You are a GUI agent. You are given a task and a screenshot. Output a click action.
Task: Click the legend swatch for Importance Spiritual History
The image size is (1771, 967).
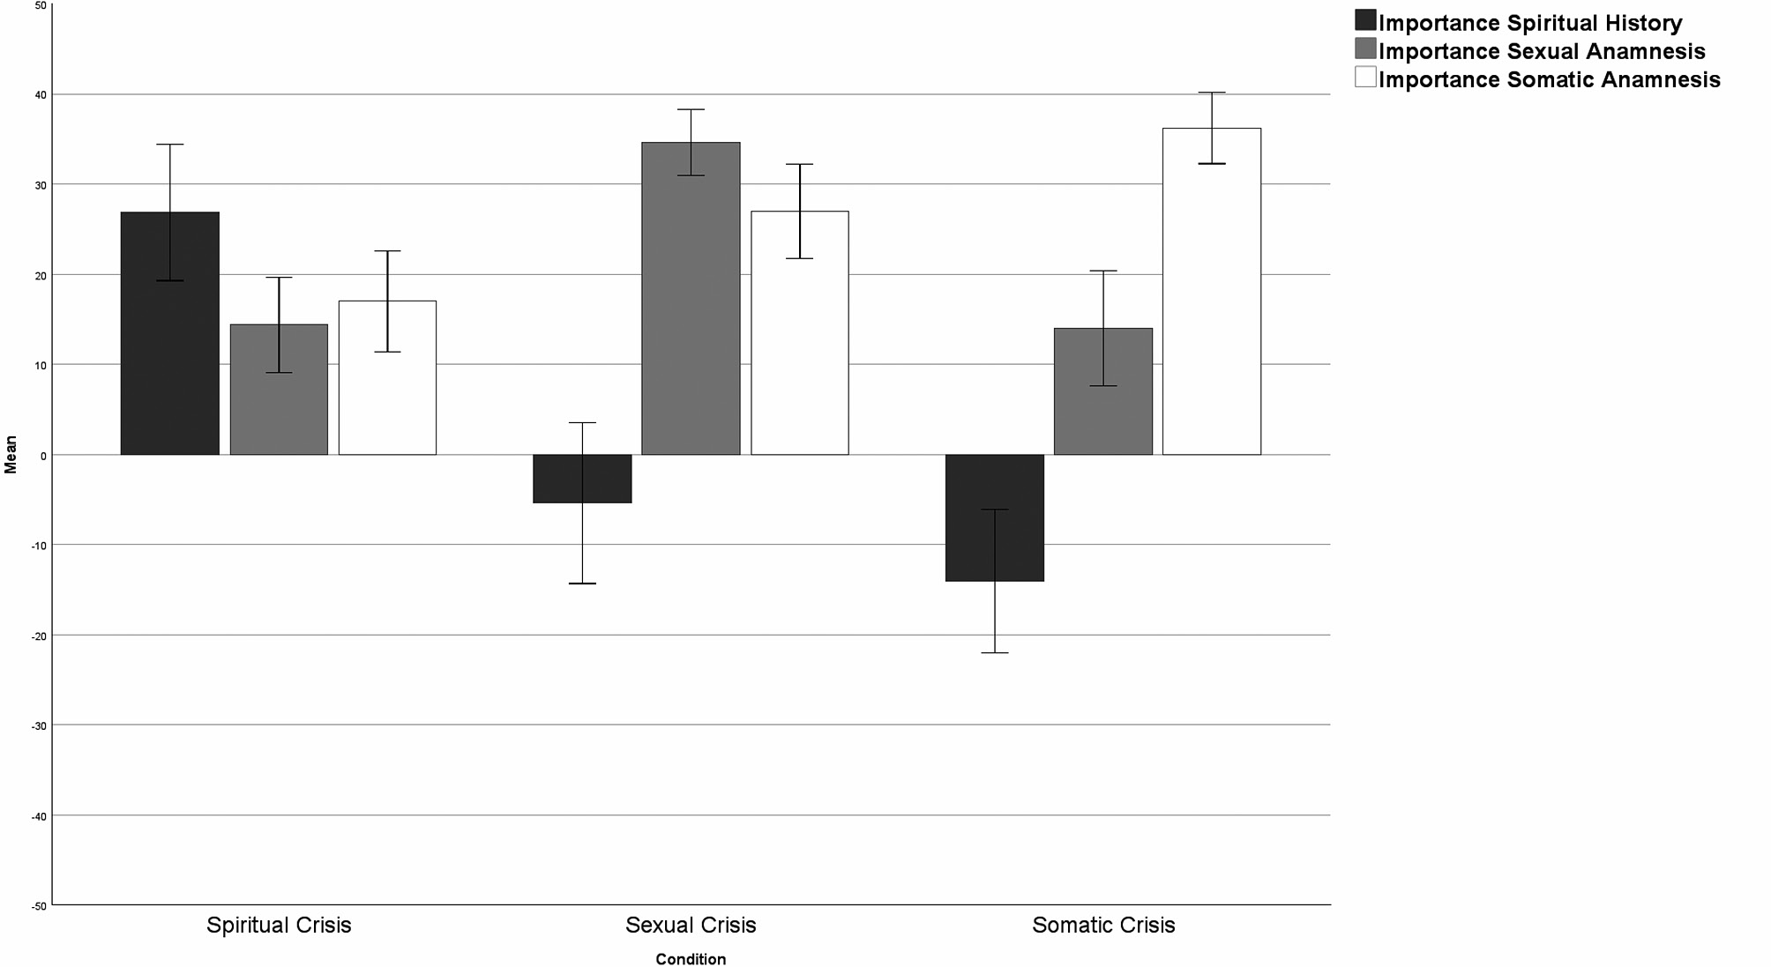point(1365,20)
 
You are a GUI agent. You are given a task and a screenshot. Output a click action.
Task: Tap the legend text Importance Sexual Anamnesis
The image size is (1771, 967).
point(1542,51)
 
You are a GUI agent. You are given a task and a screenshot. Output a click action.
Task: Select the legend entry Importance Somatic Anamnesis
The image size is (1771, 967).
point(1549,79)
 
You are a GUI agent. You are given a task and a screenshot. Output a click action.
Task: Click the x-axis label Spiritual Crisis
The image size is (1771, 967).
point(279,925)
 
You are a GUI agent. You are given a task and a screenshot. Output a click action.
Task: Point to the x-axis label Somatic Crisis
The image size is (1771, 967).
point(1103,925)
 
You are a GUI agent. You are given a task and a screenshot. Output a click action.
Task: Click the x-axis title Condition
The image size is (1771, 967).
point(691,959)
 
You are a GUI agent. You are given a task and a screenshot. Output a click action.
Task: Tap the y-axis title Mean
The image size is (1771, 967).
point(11,454)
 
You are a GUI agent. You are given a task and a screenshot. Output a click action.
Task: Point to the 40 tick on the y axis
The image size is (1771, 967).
point(41,94)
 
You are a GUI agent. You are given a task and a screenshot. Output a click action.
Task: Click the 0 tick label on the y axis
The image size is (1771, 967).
point(42,455)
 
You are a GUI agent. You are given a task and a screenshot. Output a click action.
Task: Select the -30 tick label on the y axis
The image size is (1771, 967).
point(39,725)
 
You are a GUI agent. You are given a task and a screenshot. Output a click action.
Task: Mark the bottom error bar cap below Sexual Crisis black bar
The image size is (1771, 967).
point(582,584)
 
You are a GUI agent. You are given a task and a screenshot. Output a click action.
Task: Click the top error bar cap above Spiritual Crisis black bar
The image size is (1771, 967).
point(170,144)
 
